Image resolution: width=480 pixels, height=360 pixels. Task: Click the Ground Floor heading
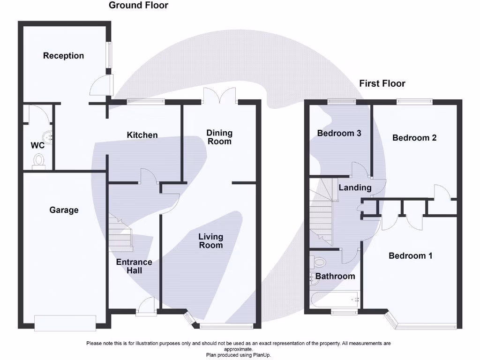click(138, 6)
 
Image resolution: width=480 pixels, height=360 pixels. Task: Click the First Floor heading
click(382, 83)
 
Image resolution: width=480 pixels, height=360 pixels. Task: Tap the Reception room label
click(63, 56)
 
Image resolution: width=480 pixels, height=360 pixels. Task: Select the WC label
click(38, 145)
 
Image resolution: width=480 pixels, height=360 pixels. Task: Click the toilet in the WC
click(38, 161)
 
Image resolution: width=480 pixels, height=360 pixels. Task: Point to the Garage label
click(64, 210)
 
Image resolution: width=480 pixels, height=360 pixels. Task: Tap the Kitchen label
click(142, 135)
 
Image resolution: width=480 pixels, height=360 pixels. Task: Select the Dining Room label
click(219, 137)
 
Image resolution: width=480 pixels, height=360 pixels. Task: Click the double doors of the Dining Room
click(219, 96)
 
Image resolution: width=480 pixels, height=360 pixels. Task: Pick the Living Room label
click(210, 241)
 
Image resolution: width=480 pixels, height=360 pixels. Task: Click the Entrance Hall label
click(134, 266)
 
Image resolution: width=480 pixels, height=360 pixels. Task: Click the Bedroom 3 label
click(339, 133)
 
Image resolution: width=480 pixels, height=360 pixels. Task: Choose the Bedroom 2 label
click(414, 138)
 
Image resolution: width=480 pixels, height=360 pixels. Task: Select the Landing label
click(355, 187)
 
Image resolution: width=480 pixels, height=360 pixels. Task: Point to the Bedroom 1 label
click(411, 256)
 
